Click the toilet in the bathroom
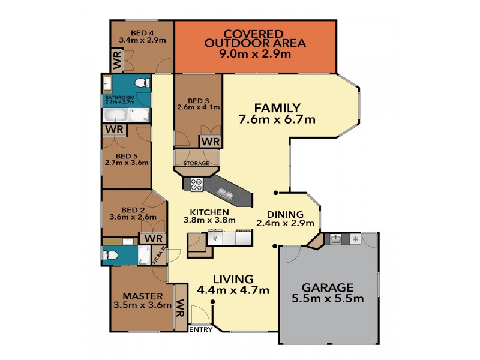[x=140, y=83]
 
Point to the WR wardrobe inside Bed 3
[x=209, y=141]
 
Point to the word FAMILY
[x=277, y=108]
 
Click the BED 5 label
[x=126, y=156]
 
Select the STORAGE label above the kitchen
[x=197, y=163]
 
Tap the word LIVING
[x=233, y=279]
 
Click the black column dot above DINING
[x=276, y=193]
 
